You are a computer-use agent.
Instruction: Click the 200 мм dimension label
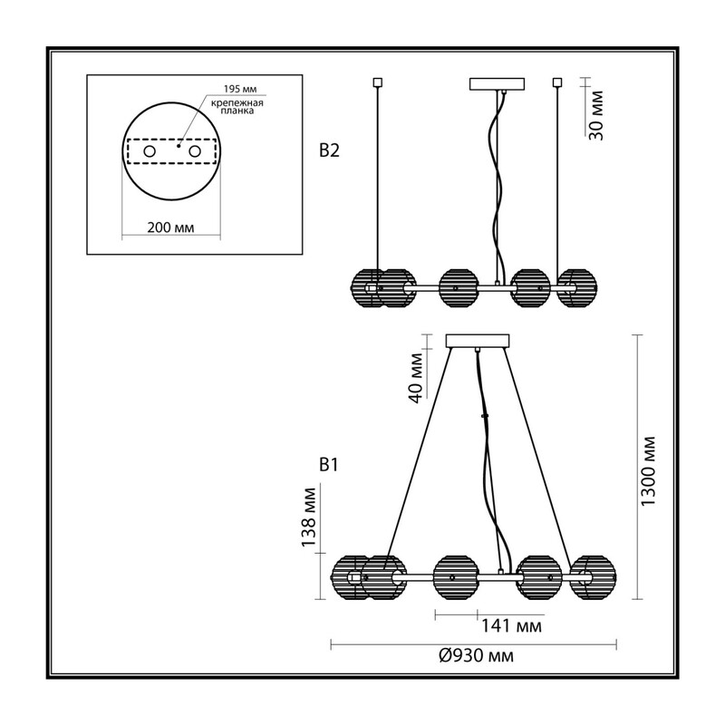click(170, 227)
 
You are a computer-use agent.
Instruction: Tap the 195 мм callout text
click(240, 89)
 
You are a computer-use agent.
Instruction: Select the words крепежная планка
click(237, 107)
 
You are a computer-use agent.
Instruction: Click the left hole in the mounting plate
click(150, 151)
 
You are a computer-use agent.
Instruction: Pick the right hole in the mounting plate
click(194, 151)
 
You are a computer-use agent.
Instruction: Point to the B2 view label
click(329, 150)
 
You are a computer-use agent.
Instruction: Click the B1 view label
click(329, 465)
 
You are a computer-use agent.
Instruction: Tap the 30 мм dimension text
click(596, 115)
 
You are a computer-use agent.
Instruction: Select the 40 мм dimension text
click(416, 378)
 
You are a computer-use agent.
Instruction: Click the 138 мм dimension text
click(308, 517)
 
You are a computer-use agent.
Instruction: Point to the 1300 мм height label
click(648, 470)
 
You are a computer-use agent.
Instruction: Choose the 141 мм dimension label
click(511, 626)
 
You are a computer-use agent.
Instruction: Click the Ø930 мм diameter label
click(476, 655)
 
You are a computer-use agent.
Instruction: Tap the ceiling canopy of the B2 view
click(497, 83)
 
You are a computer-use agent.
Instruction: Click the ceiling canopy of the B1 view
click(478, 341)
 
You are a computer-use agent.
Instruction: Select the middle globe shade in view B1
click(455, 577)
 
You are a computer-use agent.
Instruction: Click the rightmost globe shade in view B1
click(593, 577)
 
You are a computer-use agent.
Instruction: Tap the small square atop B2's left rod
click(377, 82)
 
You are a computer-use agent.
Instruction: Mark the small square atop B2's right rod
click(557, 82)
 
